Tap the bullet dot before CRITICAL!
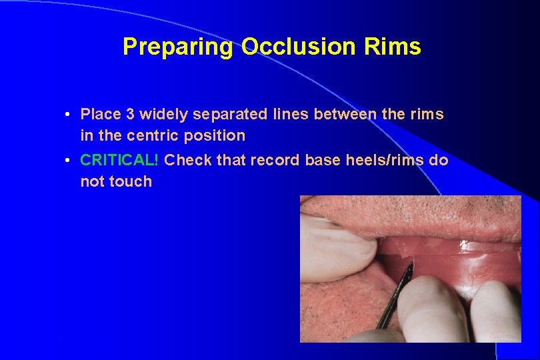click(x=69, y=161)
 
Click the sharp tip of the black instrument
click(x=411, y=264)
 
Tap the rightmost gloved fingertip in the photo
click(x=497, y=307)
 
